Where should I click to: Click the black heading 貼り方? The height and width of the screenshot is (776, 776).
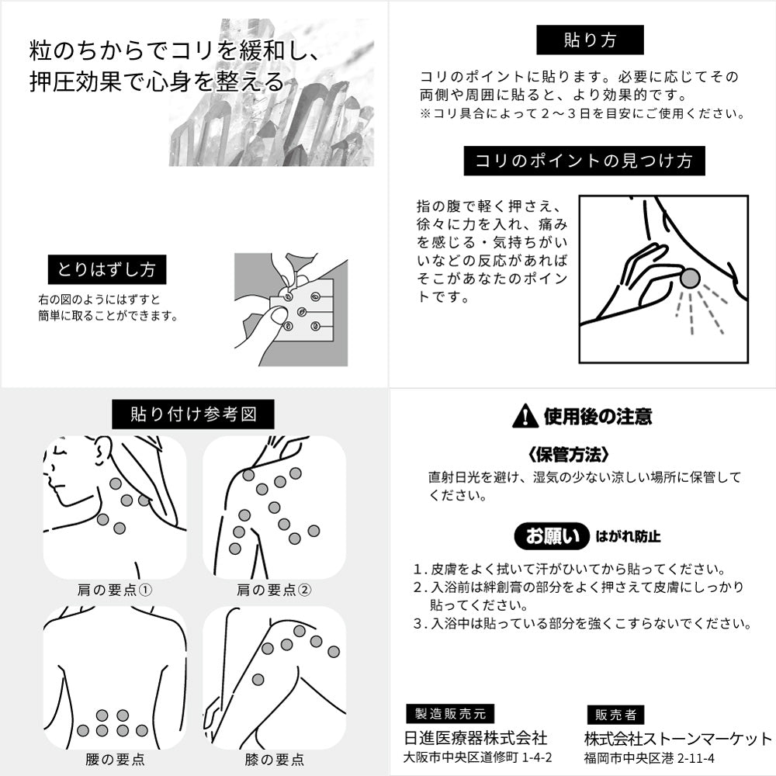click(x=590, y=40)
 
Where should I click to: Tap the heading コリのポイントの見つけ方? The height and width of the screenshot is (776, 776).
click(x=584, y=161)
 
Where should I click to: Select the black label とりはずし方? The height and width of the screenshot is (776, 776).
click(x=107, y=269)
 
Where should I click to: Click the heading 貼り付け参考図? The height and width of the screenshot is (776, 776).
click(x=193, y=414)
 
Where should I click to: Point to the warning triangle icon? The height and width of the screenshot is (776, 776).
click(x=525, y=416)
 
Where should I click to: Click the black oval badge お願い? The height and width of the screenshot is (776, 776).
click(x=552, y=536)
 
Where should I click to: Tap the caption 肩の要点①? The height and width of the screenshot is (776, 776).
click(x=115, y=590)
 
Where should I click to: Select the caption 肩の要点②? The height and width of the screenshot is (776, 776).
click(x=274, y=590)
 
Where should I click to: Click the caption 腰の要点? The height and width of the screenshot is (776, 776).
click(x=115, y=759)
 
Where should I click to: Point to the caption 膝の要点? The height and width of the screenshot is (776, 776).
click(x=274, y=759)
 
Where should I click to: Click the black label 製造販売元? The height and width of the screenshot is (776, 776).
click(x=450, y=714)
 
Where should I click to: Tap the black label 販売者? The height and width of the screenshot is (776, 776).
click(x=615, y=715)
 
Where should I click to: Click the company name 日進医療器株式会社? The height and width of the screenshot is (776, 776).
click(x=476, y=738)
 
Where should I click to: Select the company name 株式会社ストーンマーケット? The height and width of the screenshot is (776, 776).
click(x=678, y=739)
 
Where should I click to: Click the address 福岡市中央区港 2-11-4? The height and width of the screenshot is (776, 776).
click(x=650, y=757)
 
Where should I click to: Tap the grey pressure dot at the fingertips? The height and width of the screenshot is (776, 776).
click(x=690, y=279)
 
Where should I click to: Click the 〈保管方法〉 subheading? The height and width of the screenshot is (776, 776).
click(x=568, y=454)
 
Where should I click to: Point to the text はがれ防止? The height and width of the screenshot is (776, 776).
click(x=628, y=536)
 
